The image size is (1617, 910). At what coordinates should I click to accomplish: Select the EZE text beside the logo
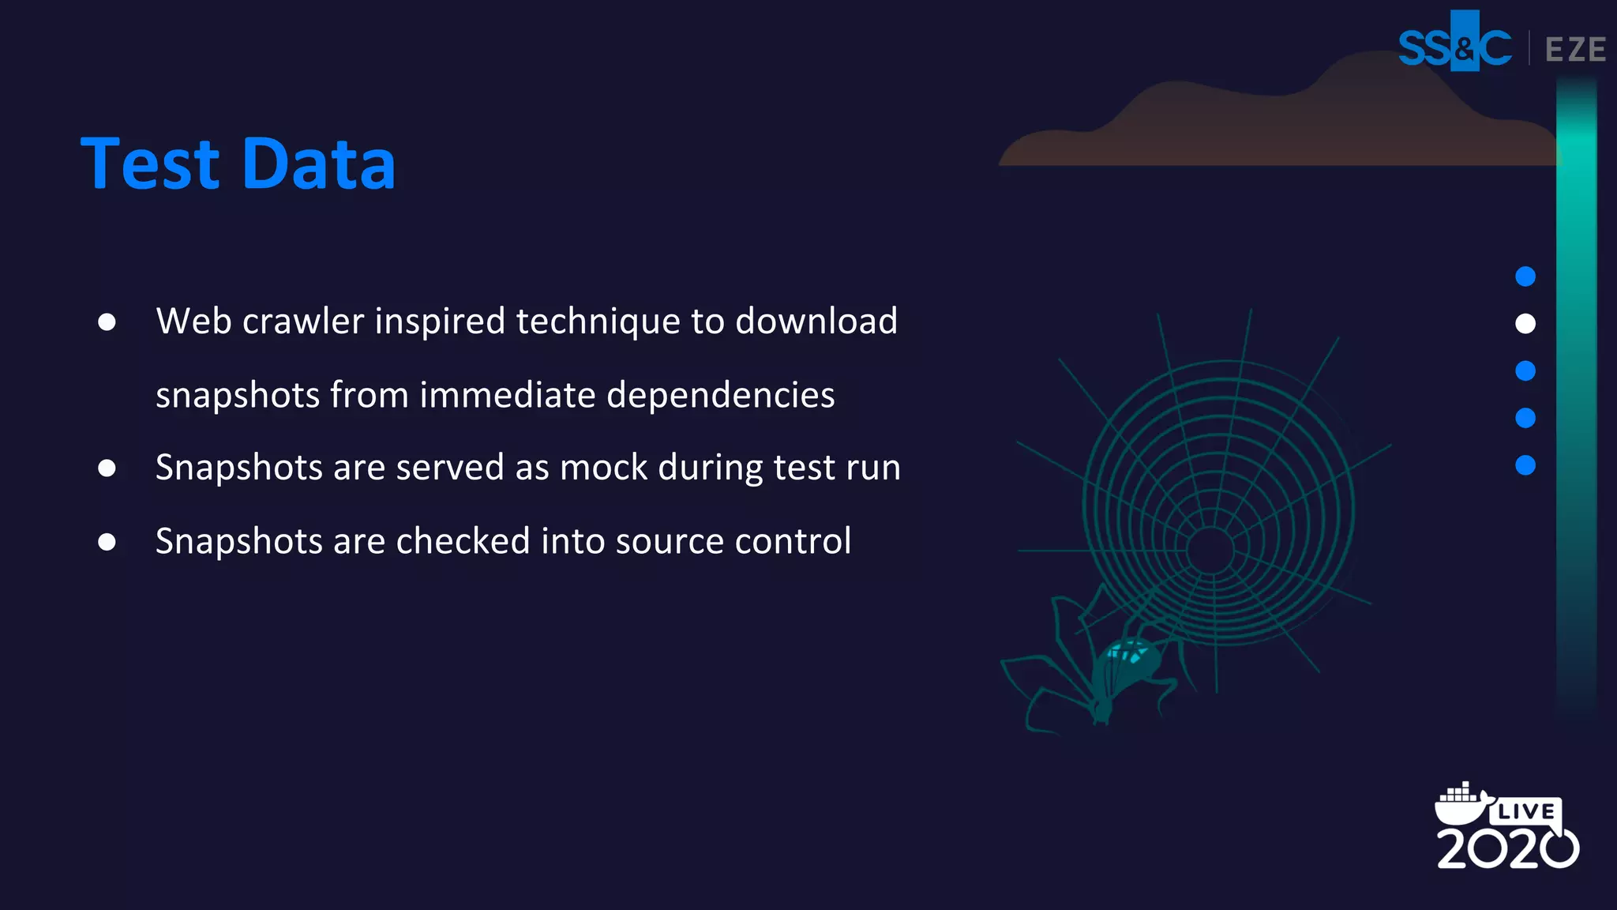coord(1575,50)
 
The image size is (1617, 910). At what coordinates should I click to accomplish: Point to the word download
coord(816,322)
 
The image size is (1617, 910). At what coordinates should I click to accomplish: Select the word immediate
coord(507,395)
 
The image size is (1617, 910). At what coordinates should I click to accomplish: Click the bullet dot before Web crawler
coord(107,322)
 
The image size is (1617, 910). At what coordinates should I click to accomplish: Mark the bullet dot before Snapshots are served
coord(107,468)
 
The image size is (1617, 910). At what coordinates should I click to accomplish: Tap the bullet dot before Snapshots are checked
coord(107,542)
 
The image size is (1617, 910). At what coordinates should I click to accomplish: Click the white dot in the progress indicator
coord(1525,324)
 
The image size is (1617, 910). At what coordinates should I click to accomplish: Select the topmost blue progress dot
coord(1525,276)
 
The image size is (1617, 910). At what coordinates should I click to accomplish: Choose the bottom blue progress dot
coord(1525,465)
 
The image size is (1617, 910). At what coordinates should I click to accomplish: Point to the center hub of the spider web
coord(1210,550)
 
